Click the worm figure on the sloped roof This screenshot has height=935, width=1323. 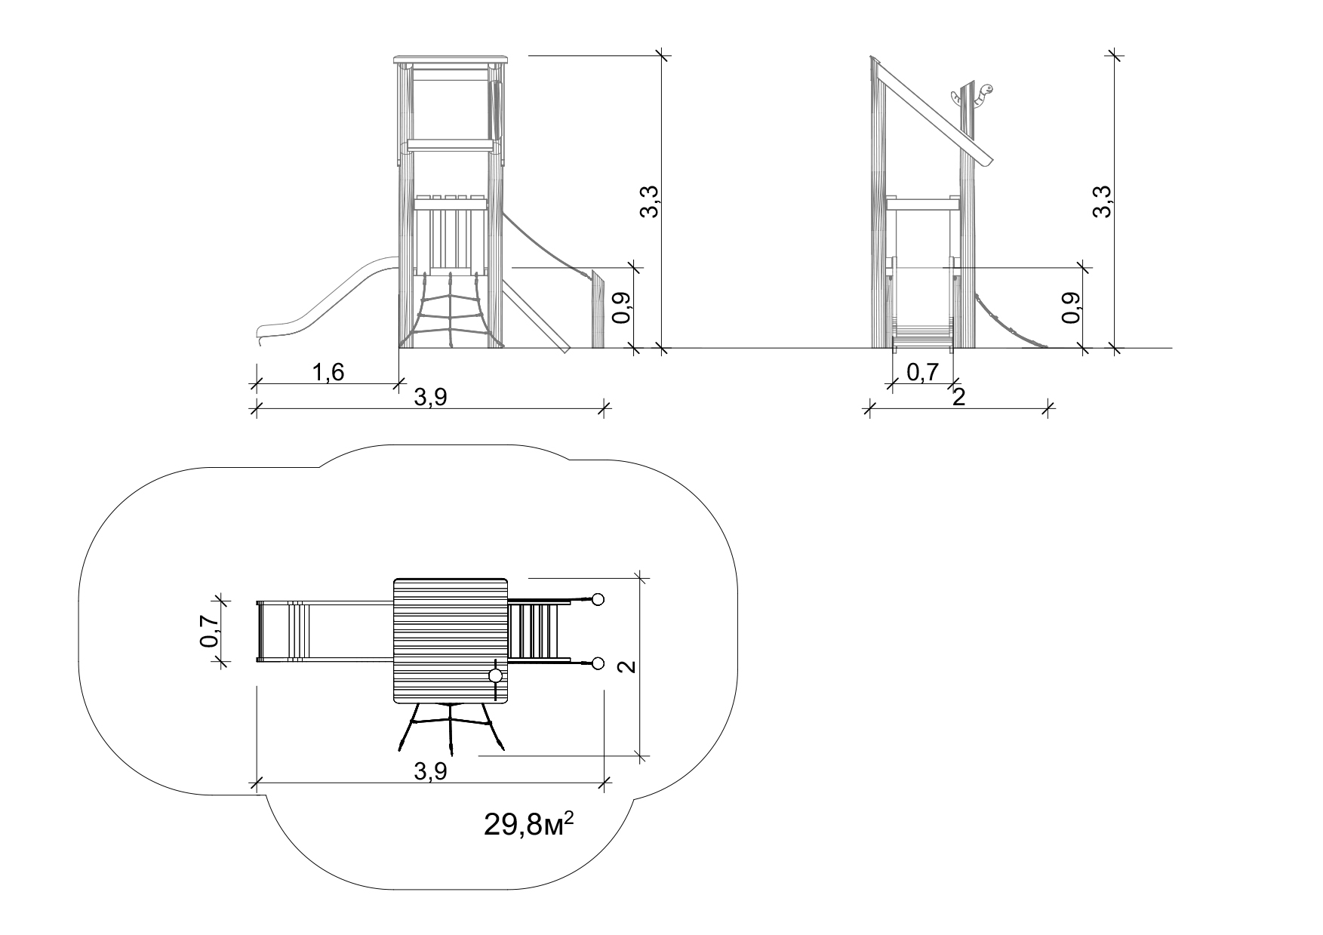[x=973, y=96]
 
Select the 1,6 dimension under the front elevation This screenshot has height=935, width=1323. [x=328, y=372]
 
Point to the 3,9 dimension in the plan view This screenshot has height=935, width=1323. [x=431, y=770]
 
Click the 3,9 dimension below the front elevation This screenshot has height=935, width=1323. [x=431, y=397]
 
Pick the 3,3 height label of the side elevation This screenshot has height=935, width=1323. [x=1102, y=201]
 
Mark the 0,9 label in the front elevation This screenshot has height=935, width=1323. [x=621, y=308]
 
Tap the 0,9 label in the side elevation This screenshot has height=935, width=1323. [x=1071, y=308]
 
